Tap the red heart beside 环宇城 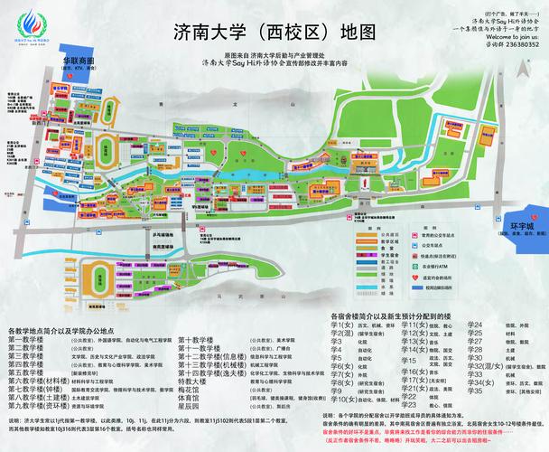pyautogui.click(x=533, y=219)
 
